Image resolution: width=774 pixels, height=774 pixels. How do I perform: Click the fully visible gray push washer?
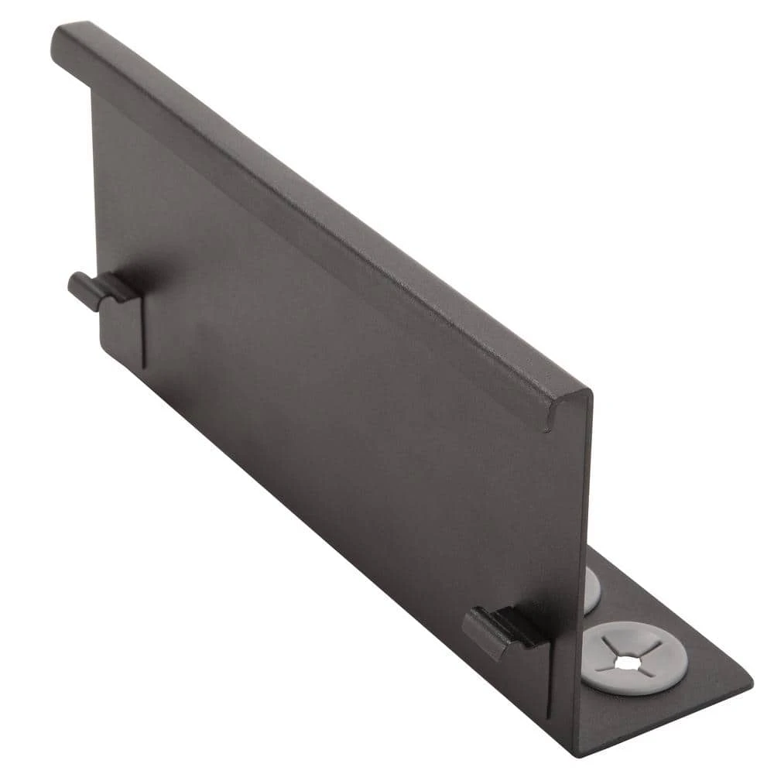(633, 656)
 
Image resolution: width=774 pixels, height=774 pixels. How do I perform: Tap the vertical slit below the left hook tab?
(144, 333)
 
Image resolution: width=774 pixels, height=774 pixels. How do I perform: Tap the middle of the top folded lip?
(310, 217)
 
